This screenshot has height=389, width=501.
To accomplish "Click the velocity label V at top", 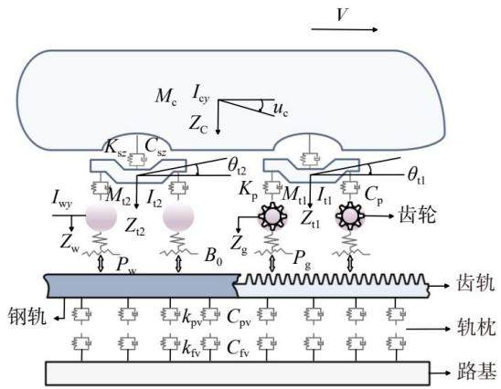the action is [x=342, y=14].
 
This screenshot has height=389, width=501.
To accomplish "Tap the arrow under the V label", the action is [x=345, y=30].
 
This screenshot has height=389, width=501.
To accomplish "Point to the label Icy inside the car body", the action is [x=200, y=94].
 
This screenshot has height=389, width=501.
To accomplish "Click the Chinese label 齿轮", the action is [x=418, y=216].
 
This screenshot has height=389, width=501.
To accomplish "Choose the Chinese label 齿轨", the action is [x=475, y=282].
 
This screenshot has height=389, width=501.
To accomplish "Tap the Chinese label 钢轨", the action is [x=27, y=316].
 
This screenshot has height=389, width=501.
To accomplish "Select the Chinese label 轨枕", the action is [x=476, y=328].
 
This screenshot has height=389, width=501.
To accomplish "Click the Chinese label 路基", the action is [x=477, y=372].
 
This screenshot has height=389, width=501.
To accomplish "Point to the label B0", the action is [x=213, y=257].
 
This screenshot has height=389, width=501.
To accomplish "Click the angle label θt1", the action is [x=417, y=176].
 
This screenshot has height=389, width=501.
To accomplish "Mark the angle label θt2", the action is [x=237, y=165].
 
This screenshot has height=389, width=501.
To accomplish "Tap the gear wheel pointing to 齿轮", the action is [x=350, y=216].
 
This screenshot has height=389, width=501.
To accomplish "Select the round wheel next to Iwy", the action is [x=101, y=216].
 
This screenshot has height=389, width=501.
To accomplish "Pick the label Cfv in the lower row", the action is [x=238, y=348].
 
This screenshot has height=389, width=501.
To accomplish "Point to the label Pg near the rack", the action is [x=302, y=258].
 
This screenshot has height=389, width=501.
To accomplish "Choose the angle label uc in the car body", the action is [x=281, y=110].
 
